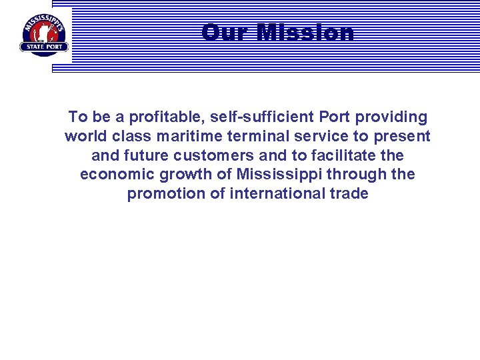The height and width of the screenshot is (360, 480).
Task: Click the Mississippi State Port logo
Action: click(x=44, y=34)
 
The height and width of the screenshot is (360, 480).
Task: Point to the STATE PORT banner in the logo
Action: click(x=44, y=47)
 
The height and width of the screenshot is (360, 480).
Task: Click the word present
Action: click(x=400, y=137)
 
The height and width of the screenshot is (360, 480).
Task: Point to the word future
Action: click(x=140, y=156)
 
